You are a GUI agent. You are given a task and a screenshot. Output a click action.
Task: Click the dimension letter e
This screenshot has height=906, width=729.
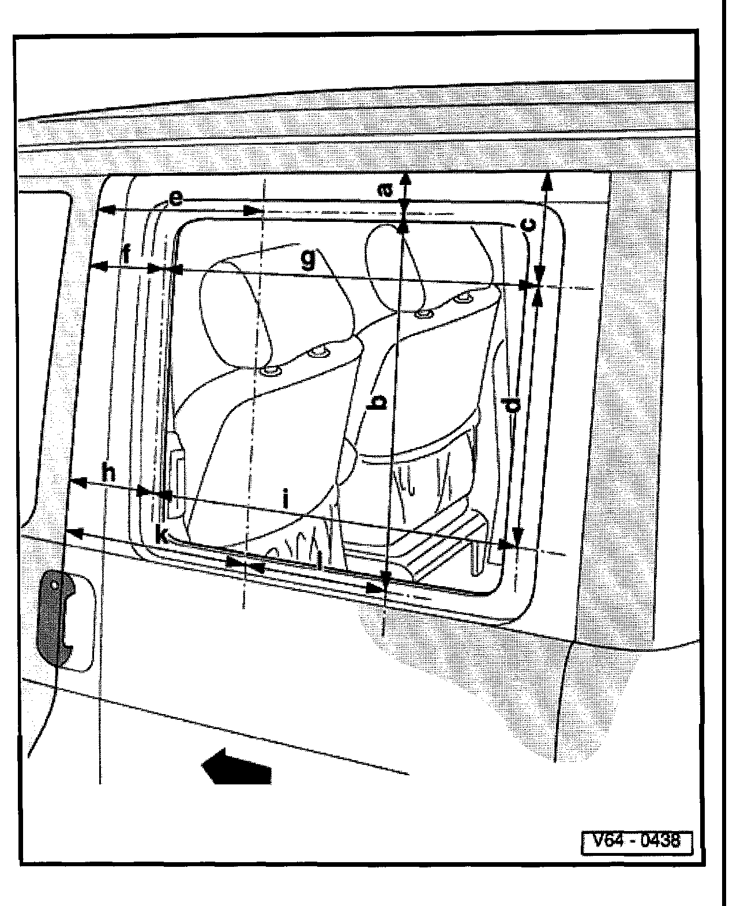tap(175, 199)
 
